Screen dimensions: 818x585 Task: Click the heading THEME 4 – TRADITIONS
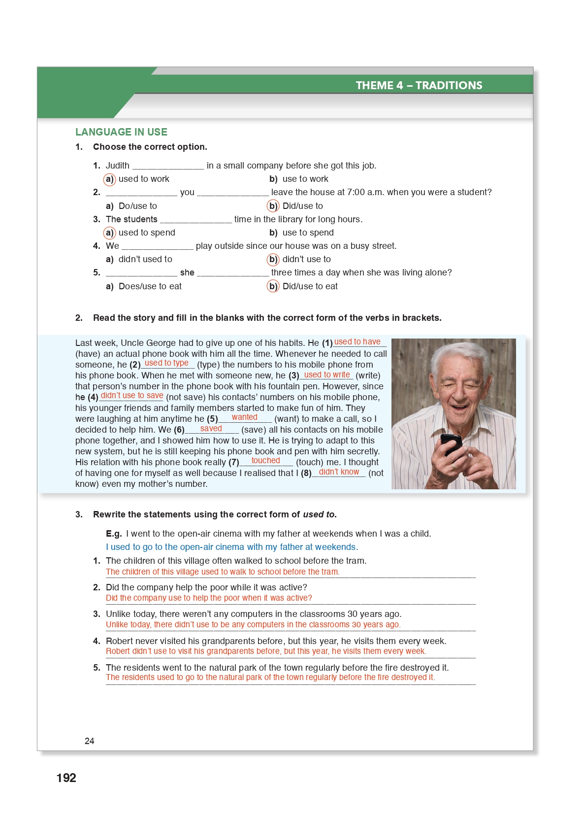(419, 85)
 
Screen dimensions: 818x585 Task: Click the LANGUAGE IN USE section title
(121, 132)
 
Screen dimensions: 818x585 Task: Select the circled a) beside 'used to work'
(109, 179)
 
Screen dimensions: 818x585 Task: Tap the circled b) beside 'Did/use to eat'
(273, 286)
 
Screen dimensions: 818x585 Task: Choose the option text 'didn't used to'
(145, 259)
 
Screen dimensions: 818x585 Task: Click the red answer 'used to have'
(357, 342)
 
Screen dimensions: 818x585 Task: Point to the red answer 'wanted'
(244, 417)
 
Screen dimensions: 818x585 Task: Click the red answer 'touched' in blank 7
(265, 461)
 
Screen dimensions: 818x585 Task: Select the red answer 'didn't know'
(339, 472)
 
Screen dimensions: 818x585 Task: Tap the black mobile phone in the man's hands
(450, 443)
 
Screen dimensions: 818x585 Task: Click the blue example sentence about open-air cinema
(232, 547)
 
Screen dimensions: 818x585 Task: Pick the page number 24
(89, 741)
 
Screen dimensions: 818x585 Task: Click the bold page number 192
(66, 778)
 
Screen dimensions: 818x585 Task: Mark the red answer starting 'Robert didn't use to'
(266, 651)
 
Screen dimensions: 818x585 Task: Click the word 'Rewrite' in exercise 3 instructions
(109, 514)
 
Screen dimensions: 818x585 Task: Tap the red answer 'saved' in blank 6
(211, 429)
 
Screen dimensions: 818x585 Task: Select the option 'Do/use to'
(137, 206)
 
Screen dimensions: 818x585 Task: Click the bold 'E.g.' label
(114, 534)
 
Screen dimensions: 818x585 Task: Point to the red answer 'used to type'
(166, 363)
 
